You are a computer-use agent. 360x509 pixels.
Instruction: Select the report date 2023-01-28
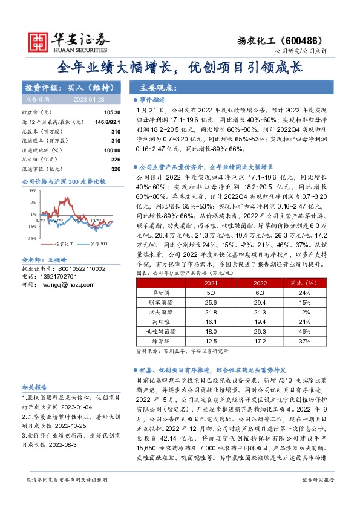(80, 100)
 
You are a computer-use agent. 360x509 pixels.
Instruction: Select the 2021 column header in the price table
(211, 283)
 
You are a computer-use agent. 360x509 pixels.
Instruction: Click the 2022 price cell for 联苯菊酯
(259, 302)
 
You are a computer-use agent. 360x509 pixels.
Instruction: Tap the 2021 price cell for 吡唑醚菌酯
(211, 331)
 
